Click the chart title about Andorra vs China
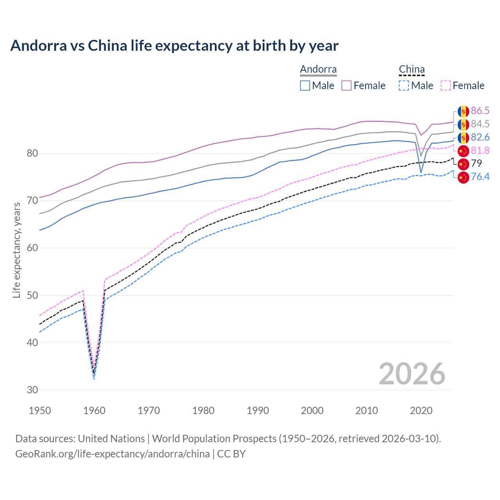click(x=174, y=46)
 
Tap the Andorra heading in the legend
click(x=318, y=69)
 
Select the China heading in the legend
click(x=411, y=69)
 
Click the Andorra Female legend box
click(x=346, y=86)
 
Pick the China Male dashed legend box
click(x=404, y=86)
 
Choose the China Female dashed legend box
click(x=446, y=86)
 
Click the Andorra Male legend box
click(x=305, y=86)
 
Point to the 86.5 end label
click(x=480, y=111)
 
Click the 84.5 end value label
click(x=480, y=124)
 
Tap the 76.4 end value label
click(x=480, y=177)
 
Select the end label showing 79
click(x=477, y=163)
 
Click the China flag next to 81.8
click(x=463, y=151)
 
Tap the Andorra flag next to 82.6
click(x=463, y=137)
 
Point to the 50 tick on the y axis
click(x=32, y=295)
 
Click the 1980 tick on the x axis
click(x=203, y=411)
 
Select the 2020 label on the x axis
click(x=421, y=411)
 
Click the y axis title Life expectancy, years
click(x=16, y=250)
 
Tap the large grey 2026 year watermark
click(x=412, y=374)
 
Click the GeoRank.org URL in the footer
click(x=112, y=454)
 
